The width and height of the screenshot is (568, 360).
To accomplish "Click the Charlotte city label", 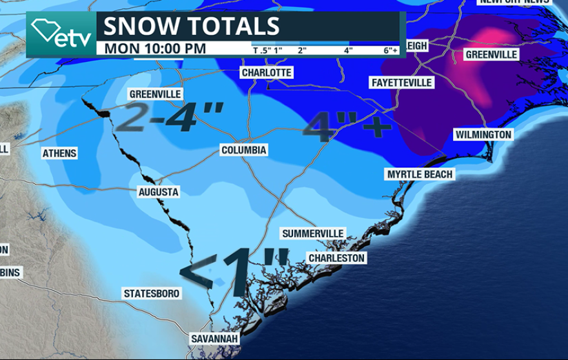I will (267, 73).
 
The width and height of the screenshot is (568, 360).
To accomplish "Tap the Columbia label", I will (243, 150).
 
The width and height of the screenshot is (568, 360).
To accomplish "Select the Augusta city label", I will (158, 192).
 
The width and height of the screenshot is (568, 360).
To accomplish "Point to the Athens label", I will (59, 154).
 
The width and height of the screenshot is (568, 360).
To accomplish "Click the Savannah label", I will (215, 339).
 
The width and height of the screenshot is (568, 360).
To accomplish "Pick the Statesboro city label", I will (152, 294).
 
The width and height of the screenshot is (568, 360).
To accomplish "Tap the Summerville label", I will (313, 233).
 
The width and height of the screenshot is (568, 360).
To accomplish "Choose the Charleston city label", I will (336, 258).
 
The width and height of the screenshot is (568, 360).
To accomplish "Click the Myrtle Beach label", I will (420, 174).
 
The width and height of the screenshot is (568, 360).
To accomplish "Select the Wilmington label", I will (483, 135).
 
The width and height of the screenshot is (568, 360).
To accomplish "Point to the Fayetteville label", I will (401, 83).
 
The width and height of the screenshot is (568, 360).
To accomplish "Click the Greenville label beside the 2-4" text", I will (155, 94).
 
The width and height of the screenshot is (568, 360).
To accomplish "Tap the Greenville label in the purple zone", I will (491, 55).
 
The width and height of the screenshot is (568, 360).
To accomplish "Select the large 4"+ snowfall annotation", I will (347, 125).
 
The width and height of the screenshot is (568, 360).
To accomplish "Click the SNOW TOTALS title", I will (192, 26).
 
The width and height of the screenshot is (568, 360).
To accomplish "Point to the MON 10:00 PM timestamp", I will (155, 48).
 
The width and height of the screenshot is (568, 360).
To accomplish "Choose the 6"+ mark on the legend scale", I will (390, 50).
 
